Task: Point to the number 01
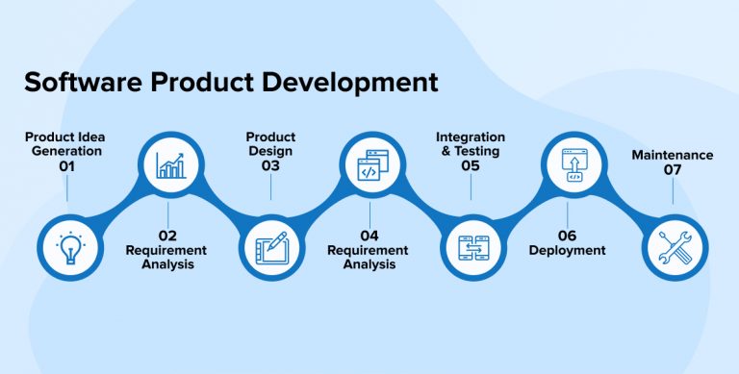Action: tap(66, 165)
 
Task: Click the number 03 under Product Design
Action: tap(270, 165)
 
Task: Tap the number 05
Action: tap(470, 165)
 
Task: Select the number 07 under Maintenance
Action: tap(672, 170)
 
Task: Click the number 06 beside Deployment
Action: tap(567, 235)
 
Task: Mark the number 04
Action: tap(369, 235)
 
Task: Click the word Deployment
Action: tap(568, 250)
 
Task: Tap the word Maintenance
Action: tap(672, 155)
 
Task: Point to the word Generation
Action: tap(64, 151)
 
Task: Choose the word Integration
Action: tap(470, 137)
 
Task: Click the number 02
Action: tap(168, 235)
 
